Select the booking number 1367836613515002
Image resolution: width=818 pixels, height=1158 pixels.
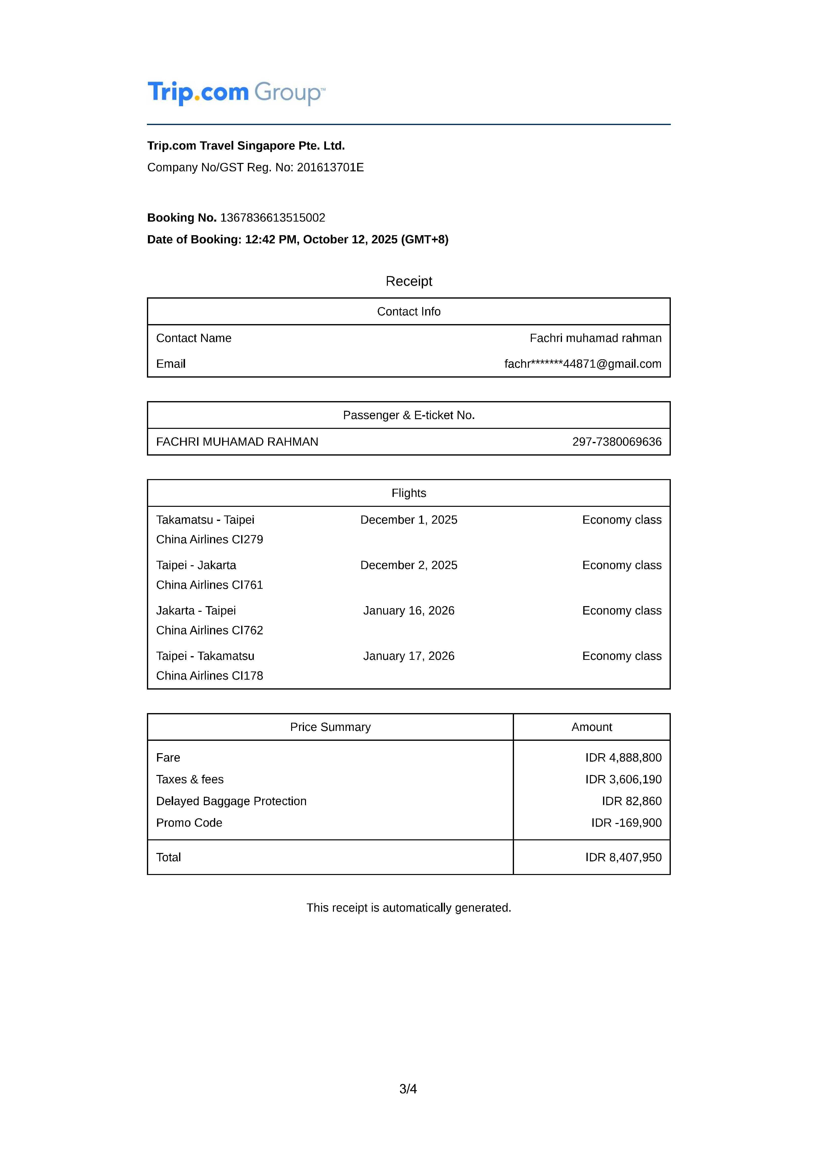(273, 218)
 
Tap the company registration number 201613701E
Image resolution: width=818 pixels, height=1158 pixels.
(330, 167)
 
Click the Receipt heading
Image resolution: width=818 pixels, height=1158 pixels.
(409, 282)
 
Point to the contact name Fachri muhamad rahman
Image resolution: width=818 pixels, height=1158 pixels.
(595, 338)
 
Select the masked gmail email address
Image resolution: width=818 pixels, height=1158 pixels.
(583, 364)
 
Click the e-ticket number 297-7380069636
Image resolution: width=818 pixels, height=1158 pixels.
(616, 442)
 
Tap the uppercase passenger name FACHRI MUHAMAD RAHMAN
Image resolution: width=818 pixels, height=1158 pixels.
(237, 442)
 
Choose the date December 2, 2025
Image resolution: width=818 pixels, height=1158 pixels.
(409, 566)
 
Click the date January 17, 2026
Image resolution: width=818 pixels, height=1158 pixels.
(409, 656)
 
